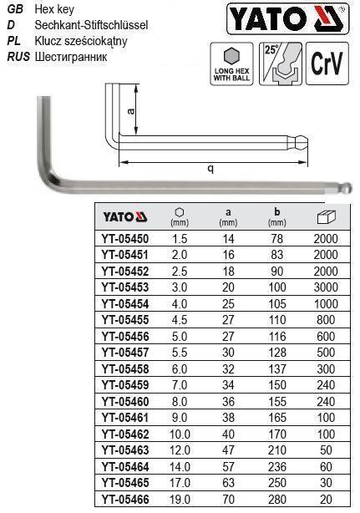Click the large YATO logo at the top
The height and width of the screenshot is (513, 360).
click(x=287, y=18)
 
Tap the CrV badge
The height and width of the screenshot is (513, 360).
click(x=327, y=63)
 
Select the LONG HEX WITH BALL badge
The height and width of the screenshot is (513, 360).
click(x=231, y=64)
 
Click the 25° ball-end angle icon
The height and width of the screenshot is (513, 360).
click(x=280, y=64)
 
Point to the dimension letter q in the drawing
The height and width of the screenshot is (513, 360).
click(x=211, y=168)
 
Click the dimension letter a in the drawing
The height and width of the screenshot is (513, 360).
click(x=131, y=112)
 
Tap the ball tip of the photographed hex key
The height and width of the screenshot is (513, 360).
click(x=349, y=188)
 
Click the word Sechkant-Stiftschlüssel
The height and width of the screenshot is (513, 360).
click(x=91, y=25)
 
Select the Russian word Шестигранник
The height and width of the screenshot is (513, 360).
click(x=71, y=57)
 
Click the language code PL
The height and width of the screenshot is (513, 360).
click(x=14, y=41)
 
